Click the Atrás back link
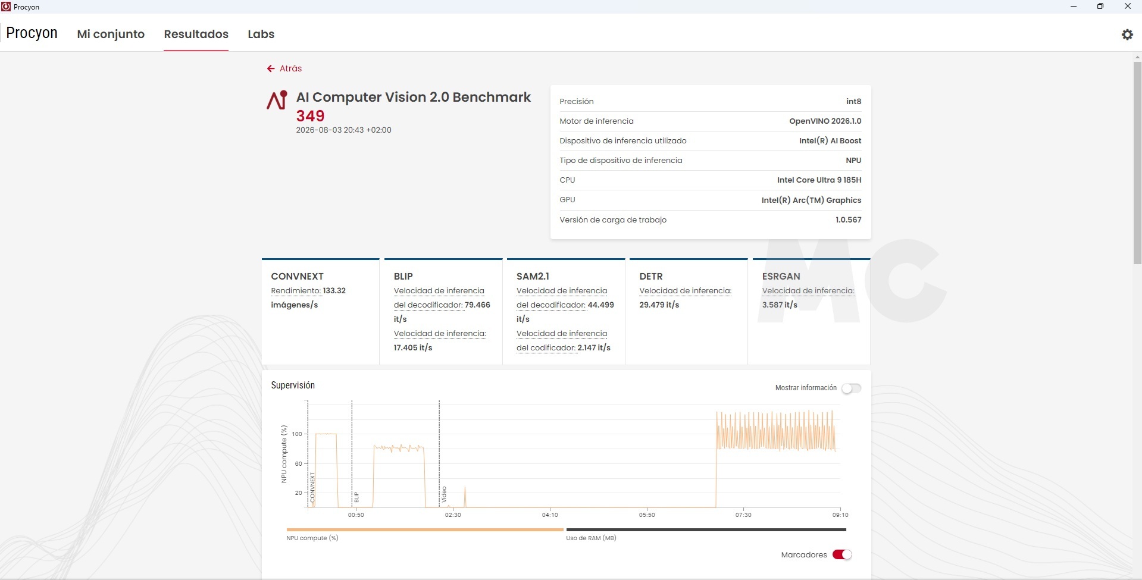284,68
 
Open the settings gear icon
1127,35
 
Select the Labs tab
261,34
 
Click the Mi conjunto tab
111,34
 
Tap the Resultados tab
196,34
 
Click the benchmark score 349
310,116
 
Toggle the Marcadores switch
842,554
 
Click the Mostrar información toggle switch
851,388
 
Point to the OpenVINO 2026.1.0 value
825,121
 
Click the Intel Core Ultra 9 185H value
819,180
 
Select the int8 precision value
854,101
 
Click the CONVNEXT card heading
298,276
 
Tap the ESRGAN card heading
781,276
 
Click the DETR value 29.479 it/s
659,305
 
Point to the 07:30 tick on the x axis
743,515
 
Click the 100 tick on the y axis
297,434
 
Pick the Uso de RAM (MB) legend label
591,538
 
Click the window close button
1127,7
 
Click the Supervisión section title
293,385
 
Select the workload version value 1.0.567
849,220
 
